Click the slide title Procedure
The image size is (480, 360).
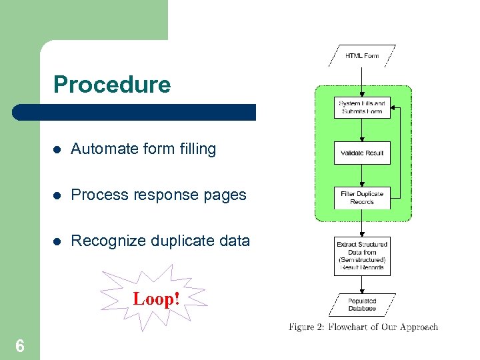pos(112,85)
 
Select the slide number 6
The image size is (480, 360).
pos(20,345)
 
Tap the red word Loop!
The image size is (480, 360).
pos(156,299)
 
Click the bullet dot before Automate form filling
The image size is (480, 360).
pos(57,149)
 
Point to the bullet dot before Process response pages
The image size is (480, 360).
pos(57,195)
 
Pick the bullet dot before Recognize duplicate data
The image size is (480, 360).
pos(57,241)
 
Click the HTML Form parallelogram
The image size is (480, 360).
pos(361,56)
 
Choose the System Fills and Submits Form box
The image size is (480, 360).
pos(361,108)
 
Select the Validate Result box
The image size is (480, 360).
pos(361,153)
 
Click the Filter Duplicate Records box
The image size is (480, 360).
pos(361,198)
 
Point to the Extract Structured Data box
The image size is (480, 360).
pos(361,255)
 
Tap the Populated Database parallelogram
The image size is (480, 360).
pos(361,305)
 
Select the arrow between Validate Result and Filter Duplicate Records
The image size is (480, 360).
pos(361,176)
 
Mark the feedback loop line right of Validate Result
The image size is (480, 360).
pos(399,153)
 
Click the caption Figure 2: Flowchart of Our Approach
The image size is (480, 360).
pos(363,327)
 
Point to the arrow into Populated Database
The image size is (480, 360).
pos(361,285)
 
